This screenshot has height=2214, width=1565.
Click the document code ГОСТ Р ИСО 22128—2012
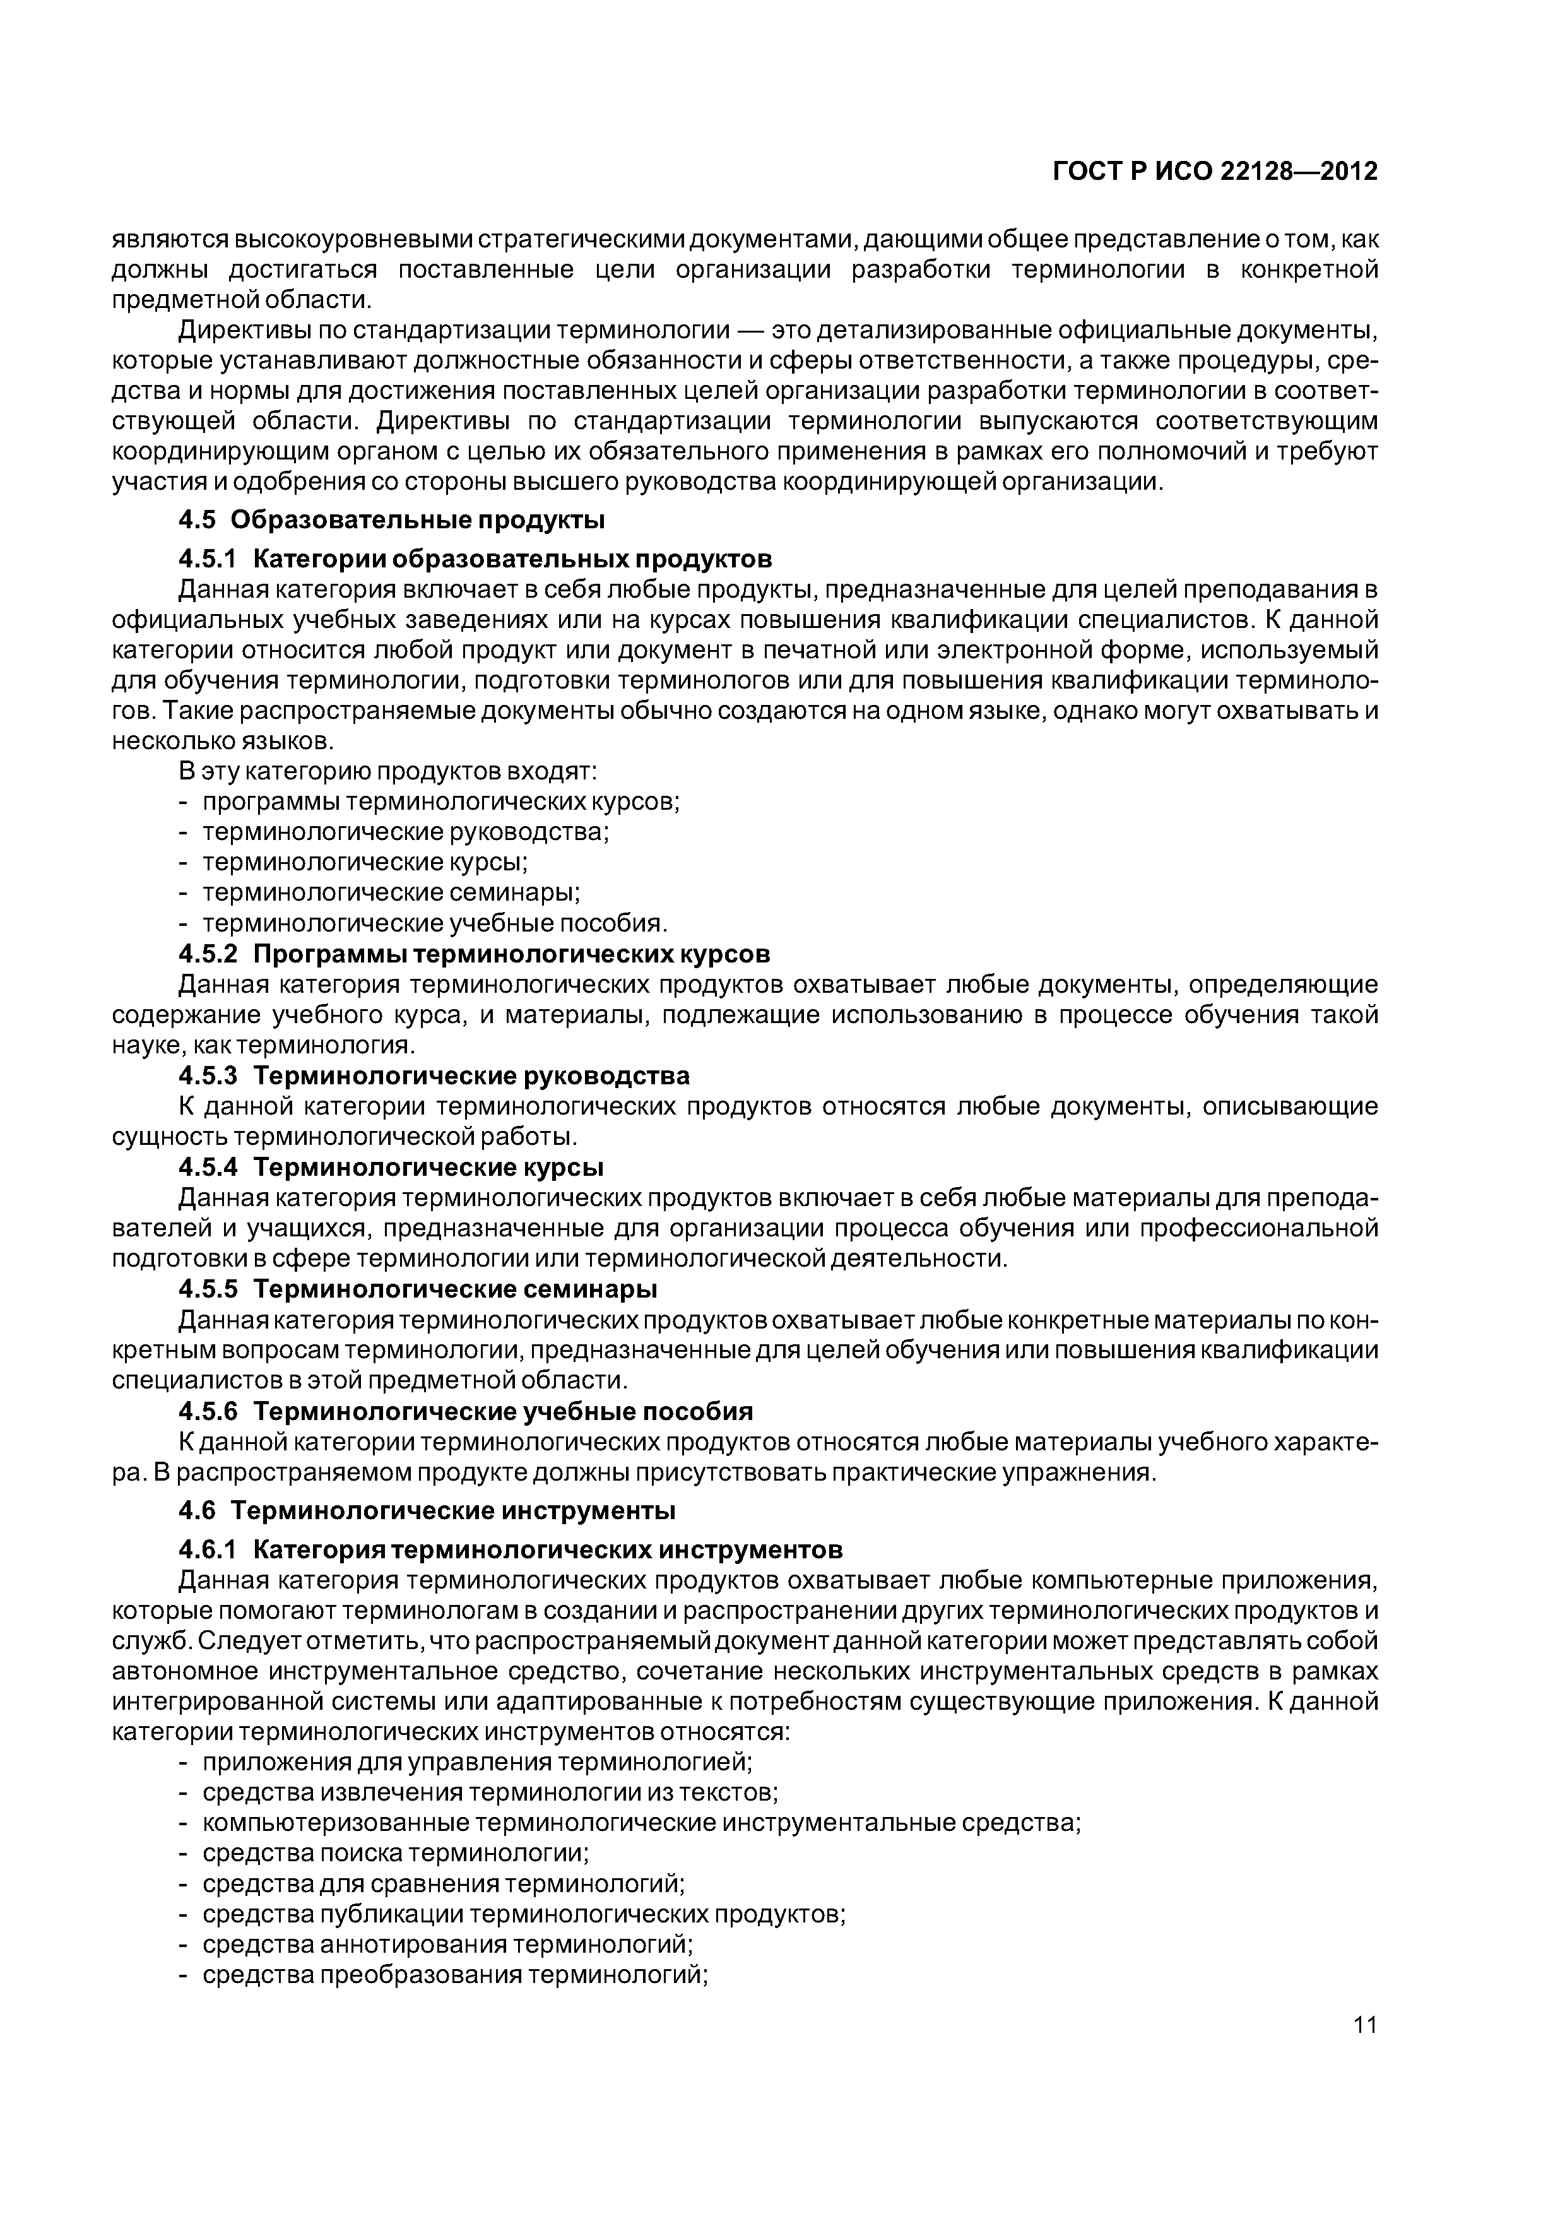pos(1214,172)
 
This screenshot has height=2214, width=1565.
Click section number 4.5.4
pos(208,1167)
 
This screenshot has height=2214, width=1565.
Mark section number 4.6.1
pos(208,1549)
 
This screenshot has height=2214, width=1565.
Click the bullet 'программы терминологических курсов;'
pos(440,802)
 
